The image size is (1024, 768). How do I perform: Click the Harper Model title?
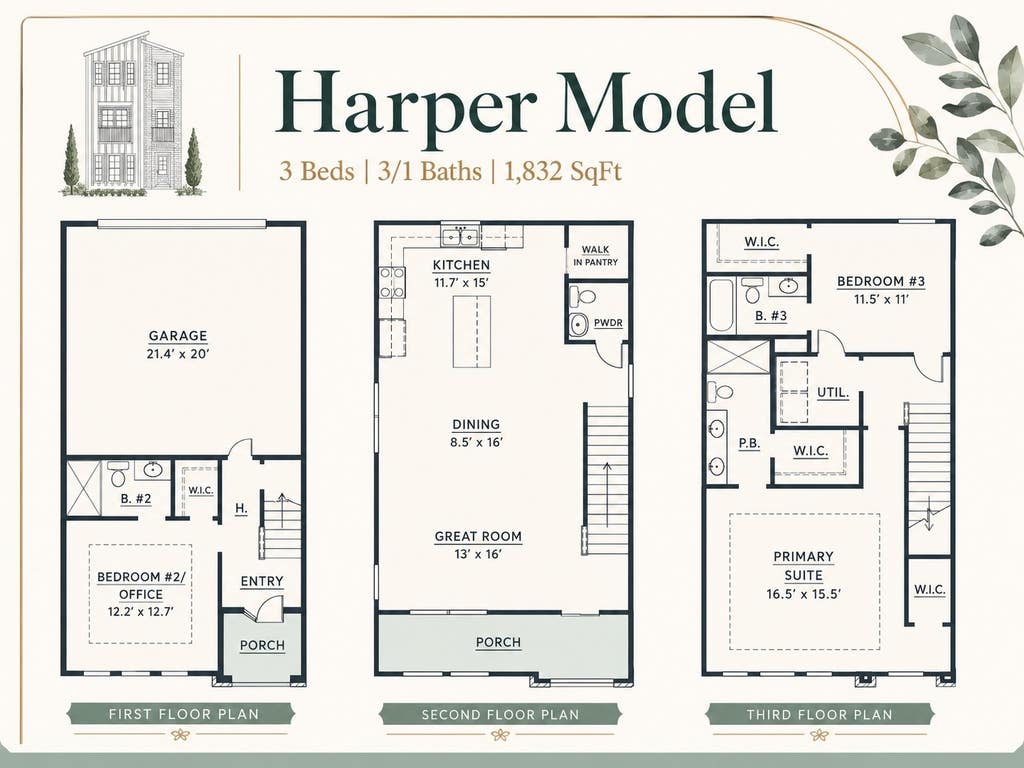click(x=526, y=104)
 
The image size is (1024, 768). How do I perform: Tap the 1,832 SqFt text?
click(x=563, y=172)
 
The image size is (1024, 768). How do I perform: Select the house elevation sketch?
click(x=133, y=114)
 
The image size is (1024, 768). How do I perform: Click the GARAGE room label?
click(x=178, y=336)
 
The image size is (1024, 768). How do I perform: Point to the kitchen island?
click(x=472, y=331)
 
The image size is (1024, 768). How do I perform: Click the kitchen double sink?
click(x=460, y=236)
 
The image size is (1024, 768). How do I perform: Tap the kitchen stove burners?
click(x=392, y=283)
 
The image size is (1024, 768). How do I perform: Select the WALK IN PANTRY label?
click(x=595, y=255)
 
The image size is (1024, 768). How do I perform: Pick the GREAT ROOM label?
click(x=478, y=537)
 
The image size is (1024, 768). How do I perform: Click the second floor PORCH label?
click(x=498, y=643)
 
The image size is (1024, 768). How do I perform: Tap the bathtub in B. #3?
click(x=722, y=306)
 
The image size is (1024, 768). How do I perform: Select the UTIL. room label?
click(x=833, y=393)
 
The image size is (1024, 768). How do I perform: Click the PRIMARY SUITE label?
click(x=803, y=566)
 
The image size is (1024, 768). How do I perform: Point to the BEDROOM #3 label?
click(x=881, y=281)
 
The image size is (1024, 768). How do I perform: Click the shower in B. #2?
click(x=84, y=489)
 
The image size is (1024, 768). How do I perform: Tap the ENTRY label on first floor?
click(x=262, y=581)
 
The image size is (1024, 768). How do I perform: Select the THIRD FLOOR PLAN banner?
click(x=820, y=714)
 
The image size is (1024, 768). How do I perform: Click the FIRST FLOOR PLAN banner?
click(x=184, y=714)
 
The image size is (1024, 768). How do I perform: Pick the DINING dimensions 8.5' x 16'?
click(x=476, y=442)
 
